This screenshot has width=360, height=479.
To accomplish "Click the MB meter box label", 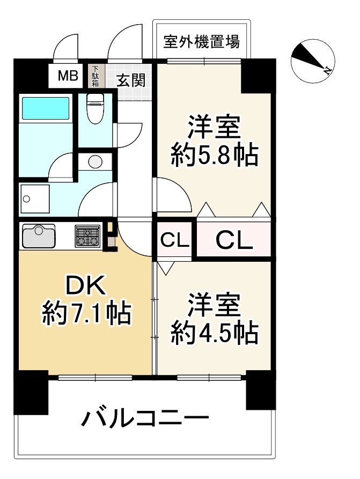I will pos(68,76).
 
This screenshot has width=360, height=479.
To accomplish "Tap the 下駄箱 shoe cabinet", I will pos(95,76).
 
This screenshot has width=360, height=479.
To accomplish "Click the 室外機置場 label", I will pos(201,41).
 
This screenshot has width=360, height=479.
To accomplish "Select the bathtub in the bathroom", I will pos(45,109).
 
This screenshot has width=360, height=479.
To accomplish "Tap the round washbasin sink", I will pos(95,161).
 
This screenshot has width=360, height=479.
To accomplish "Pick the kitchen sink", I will pos(39,236).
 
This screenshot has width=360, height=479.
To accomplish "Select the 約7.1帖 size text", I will pos(86,313).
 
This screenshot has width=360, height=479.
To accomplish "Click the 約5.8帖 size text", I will pos(215,154).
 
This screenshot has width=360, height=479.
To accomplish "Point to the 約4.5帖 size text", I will pos(215,333).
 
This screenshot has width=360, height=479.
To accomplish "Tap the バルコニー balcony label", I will pos(145,417).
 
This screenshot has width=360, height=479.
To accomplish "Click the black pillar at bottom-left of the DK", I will pos(31,393).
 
